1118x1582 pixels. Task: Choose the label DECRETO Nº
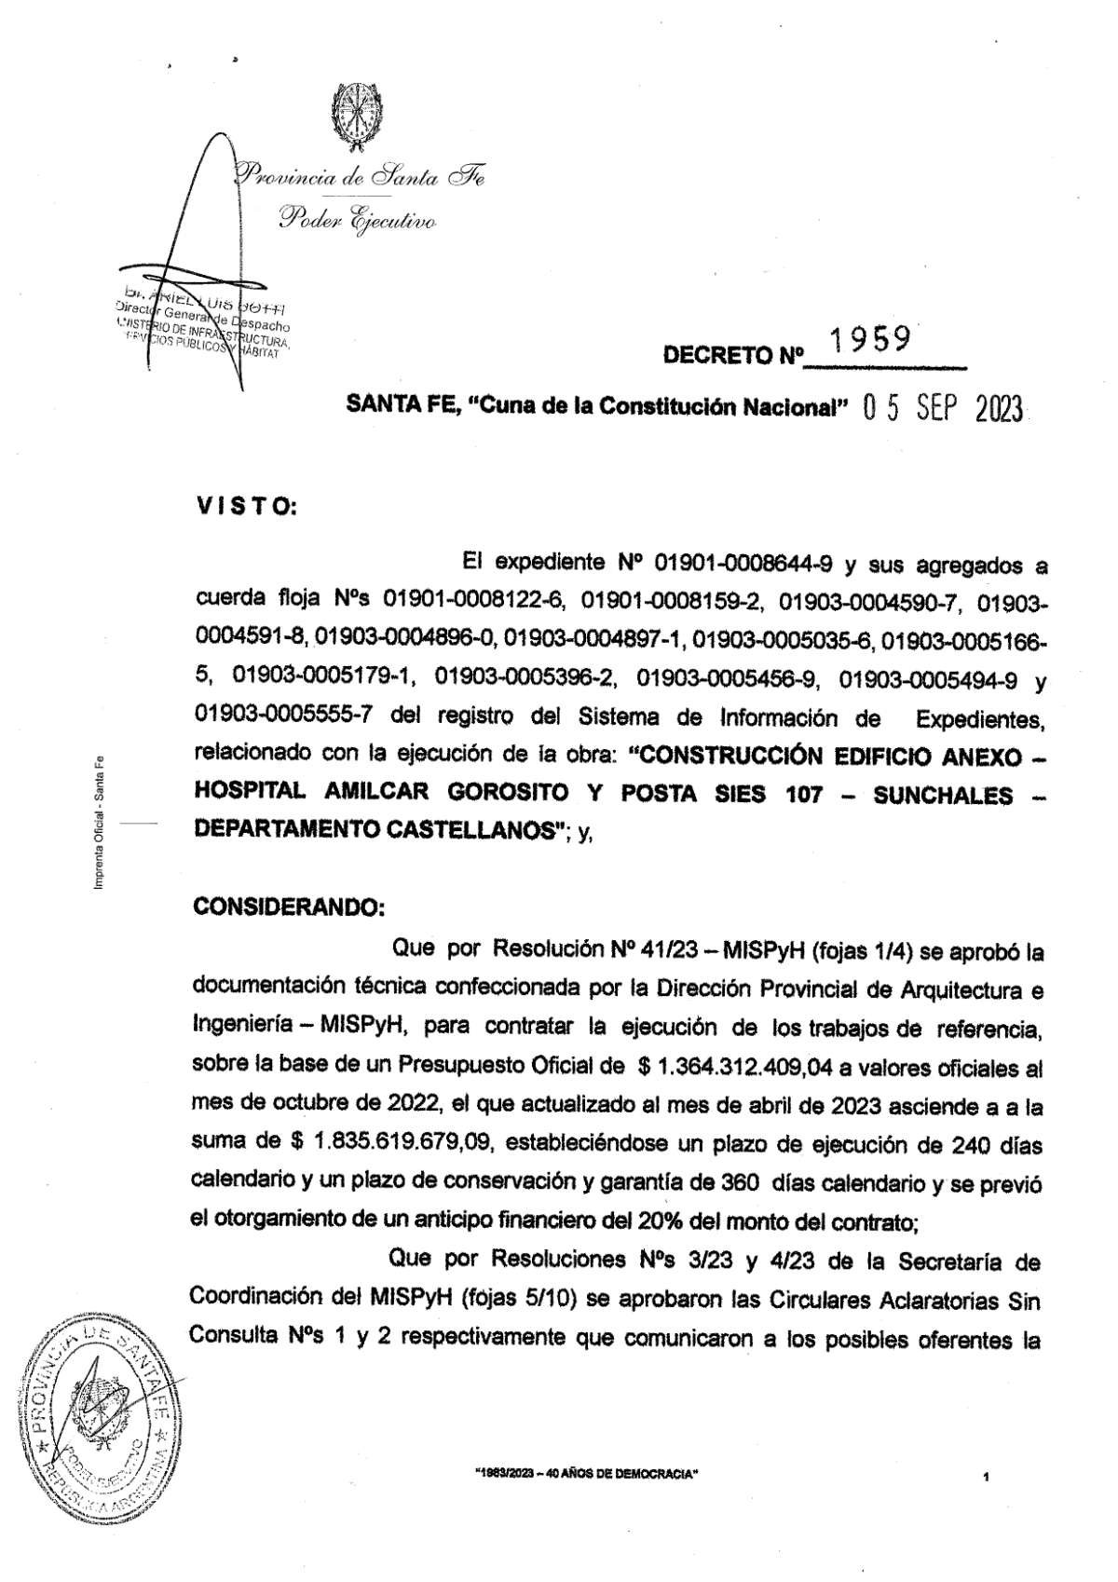pyautogui.click(x=732, y=355)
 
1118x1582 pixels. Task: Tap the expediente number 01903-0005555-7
pyautogui.click(x=285, y=716)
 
